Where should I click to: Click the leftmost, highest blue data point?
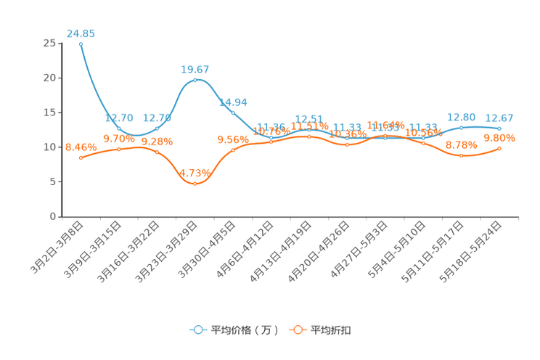[x=81, y=44]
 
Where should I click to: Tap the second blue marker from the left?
[x=119, y=128]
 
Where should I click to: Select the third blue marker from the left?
[x=157, y=128]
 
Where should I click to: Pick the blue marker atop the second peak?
[x=195, y=79]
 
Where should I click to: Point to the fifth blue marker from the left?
[x=232, y=112]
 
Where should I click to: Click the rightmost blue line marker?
[x=499, y=128]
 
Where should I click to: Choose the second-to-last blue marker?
[x=461, y=128]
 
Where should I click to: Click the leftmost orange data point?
[x=81, y=157]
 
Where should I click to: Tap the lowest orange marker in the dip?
[x=195, y=184]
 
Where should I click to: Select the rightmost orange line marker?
[x=499, y=149]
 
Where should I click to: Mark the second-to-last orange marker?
[x=461, y=155]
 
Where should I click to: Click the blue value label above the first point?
[x=81, y=33]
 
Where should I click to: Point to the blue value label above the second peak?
[x=195, y=69]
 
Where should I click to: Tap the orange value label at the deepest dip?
[x=195, y=173]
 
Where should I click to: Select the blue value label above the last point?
[x=499, y=118]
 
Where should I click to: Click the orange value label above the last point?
[x=499, y=138]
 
